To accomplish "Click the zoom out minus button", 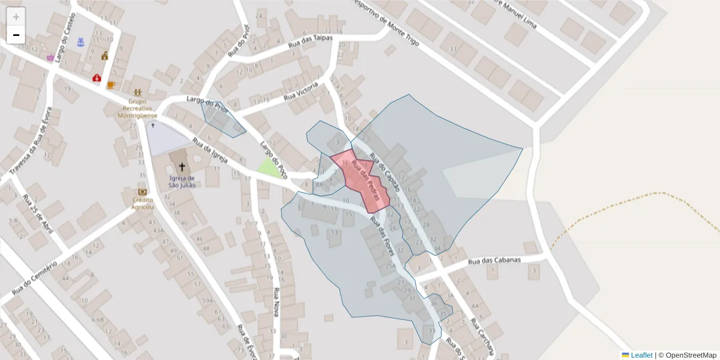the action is (16, 35).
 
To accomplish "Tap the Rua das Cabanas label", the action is (494, 261).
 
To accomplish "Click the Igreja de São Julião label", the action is (182, 181).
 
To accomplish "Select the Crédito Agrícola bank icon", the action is (142, 192).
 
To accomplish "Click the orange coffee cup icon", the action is (111, 85).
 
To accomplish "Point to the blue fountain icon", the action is (81, 42).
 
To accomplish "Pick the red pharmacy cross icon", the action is (96, 78).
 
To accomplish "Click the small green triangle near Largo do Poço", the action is (269, 168).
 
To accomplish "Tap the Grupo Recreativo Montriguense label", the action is (138, 108).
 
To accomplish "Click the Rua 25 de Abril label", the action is (38, 214).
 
